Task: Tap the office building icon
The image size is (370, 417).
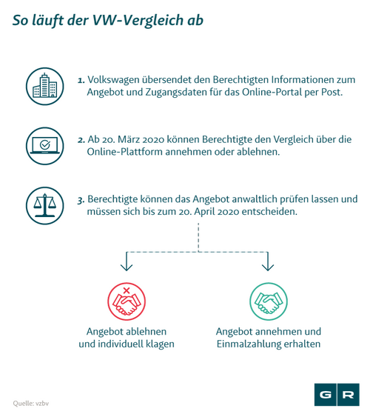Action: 45,86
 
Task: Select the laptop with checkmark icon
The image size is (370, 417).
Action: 45,146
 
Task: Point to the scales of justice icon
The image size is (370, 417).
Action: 45,206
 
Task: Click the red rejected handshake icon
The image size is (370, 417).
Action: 127,301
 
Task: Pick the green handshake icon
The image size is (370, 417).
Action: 269,301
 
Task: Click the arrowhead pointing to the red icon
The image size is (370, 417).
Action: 127,267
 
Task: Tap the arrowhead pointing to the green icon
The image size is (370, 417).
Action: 268,267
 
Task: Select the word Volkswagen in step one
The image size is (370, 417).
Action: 113,80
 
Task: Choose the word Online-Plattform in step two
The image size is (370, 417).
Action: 124,152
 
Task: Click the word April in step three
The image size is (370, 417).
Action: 205,212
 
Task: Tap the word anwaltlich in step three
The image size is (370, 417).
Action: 273,199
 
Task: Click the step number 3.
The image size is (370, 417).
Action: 81,200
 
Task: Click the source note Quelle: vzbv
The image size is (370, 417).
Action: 31,404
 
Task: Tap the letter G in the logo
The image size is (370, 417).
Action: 325,395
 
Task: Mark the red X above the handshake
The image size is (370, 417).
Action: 127,290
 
